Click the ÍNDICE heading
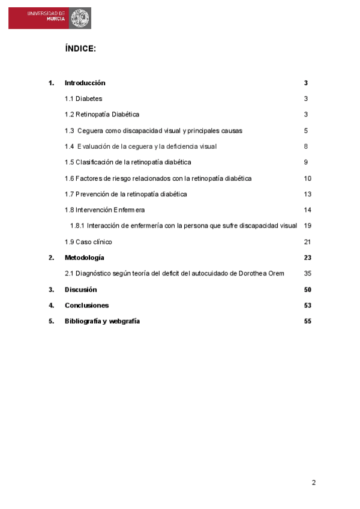(x=80, y=49)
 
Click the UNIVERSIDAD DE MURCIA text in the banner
(x=46, y=16)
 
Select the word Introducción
(x=85, y=83)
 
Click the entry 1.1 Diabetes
(x=83, y=98)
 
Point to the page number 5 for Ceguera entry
(x=306, y=130)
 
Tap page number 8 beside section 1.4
(x=306, y=146)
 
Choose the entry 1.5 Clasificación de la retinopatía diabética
(x=128, y=162)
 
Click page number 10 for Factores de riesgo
(x=308, y=178)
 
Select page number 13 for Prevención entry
(x=308, y=194)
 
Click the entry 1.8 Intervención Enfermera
(x=104, y=210)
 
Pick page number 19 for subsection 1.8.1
(x=308, y=226)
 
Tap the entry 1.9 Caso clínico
(x=88, y=242)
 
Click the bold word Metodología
(x=84, y=258)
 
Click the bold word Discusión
(x=80, y=289)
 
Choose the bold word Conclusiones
(x=86, y=305)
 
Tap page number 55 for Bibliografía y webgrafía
(x=308, y=321)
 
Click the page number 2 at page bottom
(x=313, y=483)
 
